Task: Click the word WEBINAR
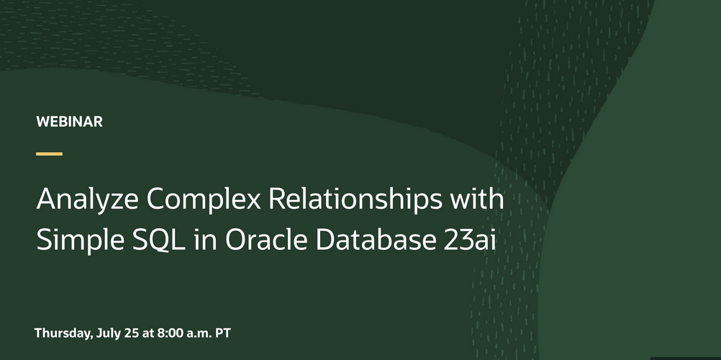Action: [69, 122]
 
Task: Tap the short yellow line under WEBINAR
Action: [49, 154]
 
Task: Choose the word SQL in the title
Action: [158, 240]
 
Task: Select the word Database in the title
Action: [376, 239]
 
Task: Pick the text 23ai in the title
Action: [470, 239]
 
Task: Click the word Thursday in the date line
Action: [63, 333]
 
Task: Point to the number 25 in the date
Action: [132, 333]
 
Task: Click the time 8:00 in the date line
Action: [170, 333]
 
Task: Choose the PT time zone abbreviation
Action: [223, 333]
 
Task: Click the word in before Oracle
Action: [205, 239]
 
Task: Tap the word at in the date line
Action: [148, 333]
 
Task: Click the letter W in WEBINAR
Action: [42, 122]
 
